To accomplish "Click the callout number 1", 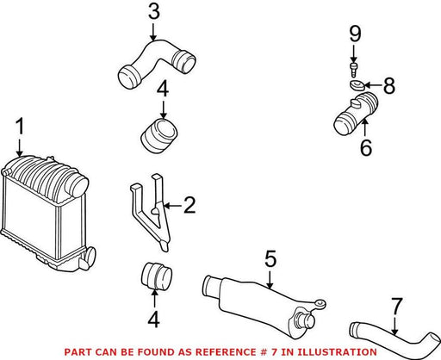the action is click(x=20, y=127).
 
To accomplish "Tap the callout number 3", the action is click(x=154, y=12).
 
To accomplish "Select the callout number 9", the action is click(x=355, y=34).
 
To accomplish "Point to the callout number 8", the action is click(x=389, y=85).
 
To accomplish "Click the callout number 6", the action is click(x=366, y=147).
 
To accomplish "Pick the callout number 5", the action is click(x=270, y=259).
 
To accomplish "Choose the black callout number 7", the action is click(x=397, y=306).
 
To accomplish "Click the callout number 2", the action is click(x=189, y=205).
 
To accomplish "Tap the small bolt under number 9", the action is click(x=354, y=70).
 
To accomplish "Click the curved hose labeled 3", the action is click(x=157, y=64).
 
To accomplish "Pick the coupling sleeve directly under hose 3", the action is click(x=159, y=135).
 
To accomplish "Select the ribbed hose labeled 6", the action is click(x=356, y=113).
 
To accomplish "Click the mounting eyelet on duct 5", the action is click(x=320, y=303).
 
